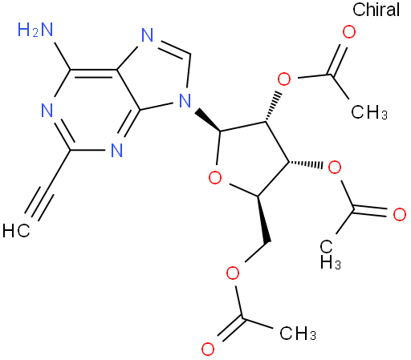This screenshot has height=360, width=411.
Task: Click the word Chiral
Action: [x=376, y=10]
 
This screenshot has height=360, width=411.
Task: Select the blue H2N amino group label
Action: [x=35, y=30]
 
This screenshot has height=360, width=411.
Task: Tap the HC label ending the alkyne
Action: [x=16, y=231]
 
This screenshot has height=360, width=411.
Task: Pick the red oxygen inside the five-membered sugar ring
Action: [x=215, y=178]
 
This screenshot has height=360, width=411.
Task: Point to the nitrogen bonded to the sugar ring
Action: [x=185, y=100]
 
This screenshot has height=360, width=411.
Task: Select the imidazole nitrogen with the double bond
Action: [x=147, y=34]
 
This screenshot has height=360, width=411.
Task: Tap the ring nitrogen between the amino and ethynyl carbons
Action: [x=47, y=111]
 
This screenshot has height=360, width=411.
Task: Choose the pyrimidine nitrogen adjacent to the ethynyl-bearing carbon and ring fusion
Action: [x=116, y=150]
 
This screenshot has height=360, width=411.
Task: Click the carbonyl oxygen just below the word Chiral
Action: [x=349, y=32]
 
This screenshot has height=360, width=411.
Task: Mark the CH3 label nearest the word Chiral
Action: [x=369, y=111]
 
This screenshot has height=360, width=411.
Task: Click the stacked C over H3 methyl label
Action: [x=330, y=254]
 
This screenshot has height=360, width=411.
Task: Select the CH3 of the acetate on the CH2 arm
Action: [x=298, y=333]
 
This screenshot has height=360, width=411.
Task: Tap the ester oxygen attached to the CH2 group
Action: [x=233, y=273]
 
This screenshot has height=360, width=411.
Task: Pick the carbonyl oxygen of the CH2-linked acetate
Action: [x=208, y=349]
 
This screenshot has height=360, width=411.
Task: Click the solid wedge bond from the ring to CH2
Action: [x=263, y=220]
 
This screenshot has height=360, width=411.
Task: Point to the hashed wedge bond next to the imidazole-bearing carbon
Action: [x=274, y=107]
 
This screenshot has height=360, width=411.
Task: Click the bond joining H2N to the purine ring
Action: [x=62, y=56]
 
